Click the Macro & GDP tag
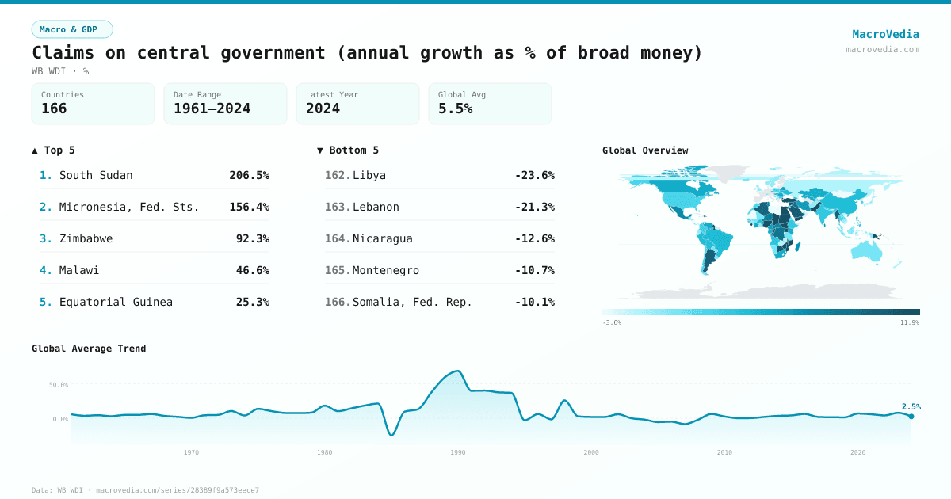[72, 29]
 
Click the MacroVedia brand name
[885, 34]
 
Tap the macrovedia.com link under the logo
[882, 49]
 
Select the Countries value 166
[54, 109]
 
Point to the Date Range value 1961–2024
[212, 109]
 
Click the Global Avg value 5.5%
[455, 109]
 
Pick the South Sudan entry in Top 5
[96, 175]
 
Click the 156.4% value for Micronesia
[249, 207]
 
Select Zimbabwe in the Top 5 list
[86, 238]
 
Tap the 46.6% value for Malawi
[252, 270]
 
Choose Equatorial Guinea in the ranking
[116, 302]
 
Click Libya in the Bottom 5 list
[369, 175]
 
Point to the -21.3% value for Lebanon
[534, 207]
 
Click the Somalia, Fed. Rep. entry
[412, 302]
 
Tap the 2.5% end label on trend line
[911, 406]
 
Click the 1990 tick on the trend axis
[457, 452]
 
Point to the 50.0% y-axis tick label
[59, 385]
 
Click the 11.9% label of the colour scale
[910, 323]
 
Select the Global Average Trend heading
[89, 349]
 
